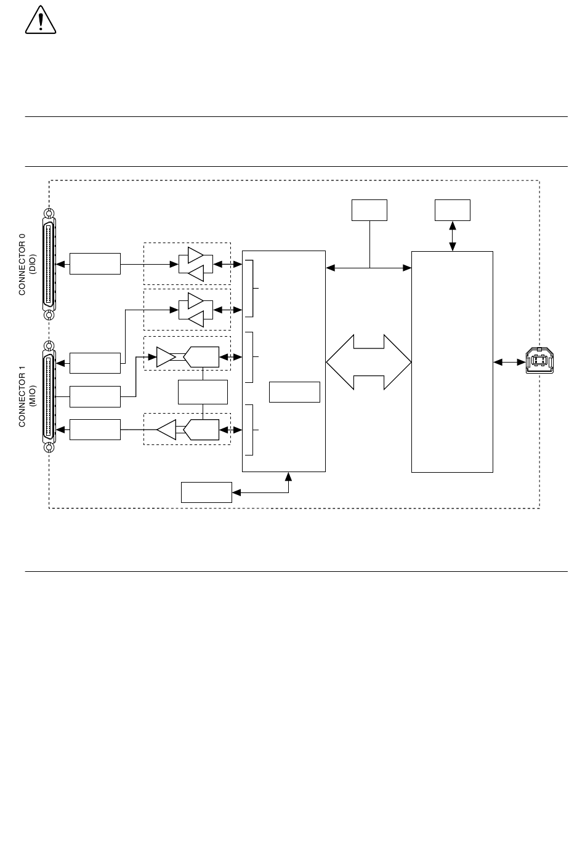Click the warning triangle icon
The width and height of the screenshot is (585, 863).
coord(41,20)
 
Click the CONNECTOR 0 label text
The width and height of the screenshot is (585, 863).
coord(22,264)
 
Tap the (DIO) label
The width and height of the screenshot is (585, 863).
coord(32,264)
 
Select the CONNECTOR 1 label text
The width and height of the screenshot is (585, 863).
coord(22,396)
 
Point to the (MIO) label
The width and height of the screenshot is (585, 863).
coord(32,396)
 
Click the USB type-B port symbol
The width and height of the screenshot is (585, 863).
coord(539,360)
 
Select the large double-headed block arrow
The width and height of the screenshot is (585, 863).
coord(369,362)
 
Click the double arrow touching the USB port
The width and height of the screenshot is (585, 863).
coord(509,362)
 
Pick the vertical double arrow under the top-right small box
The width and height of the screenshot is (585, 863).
coord(453,236)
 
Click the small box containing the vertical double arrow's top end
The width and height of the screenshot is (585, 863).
coord(453,211)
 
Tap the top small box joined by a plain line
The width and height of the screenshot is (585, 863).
coord(369,211)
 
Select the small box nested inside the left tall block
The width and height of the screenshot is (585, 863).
coord(294,392)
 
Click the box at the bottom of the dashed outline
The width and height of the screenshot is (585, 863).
coord(206,492)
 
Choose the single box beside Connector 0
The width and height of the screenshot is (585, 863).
coord(95,264)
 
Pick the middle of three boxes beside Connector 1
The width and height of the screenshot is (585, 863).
coord(95,396)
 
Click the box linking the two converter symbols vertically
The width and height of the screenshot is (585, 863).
coord(203,392)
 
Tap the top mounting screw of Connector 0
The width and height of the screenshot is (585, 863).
coord(49,213)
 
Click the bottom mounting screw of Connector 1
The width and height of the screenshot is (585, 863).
coord(49,448)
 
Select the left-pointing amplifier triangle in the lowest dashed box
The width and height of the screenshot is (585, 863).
coord(166,430)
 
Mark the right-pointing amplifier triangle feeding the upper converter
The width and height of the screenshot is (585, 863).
coord(166,357)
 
